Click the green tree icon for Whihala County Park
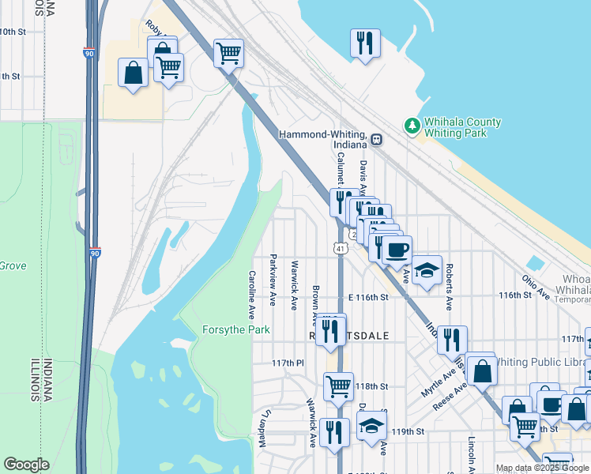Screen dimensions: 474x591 pos(412,126)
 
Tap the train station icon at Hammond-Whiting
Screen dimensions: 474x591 pos(377,139)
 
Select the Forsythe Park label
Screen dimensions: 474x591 pos(236,329)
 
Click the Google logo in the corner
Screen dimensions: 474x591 pos(26,465)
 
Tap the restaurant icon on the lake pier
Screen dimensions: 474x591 pos(365,43)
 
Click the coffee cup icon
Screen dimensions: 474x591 pos(397,250)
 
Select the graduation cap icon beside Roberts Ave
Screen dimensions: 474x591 pos(427,270)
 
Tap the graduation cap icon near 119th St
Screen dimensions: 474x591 pos(371,425)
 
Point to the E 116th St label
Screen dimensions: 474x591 pos(368,298)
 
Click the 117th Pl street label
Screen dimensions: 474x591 pos(288,363)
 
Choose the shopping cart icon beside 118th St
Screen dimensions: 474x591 pos(338,386)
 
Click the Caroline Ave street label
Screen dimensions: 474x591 pos(252,290)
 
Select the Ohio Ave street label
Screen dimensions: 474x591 pos(534,286)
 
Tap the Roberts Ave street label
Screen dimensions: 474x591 pos(449,286)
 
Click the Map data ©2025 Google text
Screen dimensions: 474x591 pos(542,468)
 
